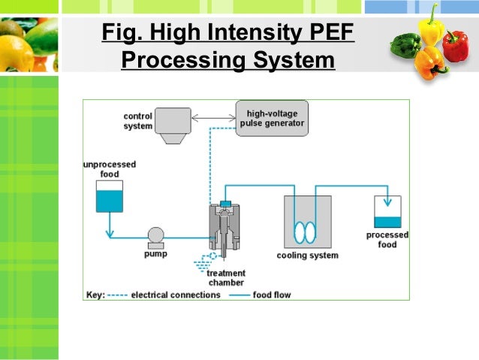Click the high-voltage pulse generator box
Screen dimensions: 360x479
coord(272,118)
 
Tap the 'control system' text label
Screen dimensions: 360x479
coord(137,121)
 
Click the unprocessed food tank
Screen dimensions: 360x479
coord(110,196)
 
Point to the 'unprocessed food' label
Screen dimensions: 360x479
coord(109,169)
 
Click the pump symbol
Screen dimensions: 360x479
coord(156,237)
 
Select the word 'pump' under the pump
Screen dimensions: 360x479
coord(155,254)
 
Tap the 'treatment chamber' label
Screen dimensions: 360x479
coord(226,277)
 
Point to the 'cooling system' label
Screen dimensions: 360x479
coord(308,256)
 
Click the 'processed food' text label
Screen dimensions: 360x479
coord(387,240)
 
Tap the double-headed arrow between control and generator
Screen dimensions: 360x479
coord(213,117)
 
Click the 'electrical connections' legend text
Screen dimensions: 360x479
coord(176,295)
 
